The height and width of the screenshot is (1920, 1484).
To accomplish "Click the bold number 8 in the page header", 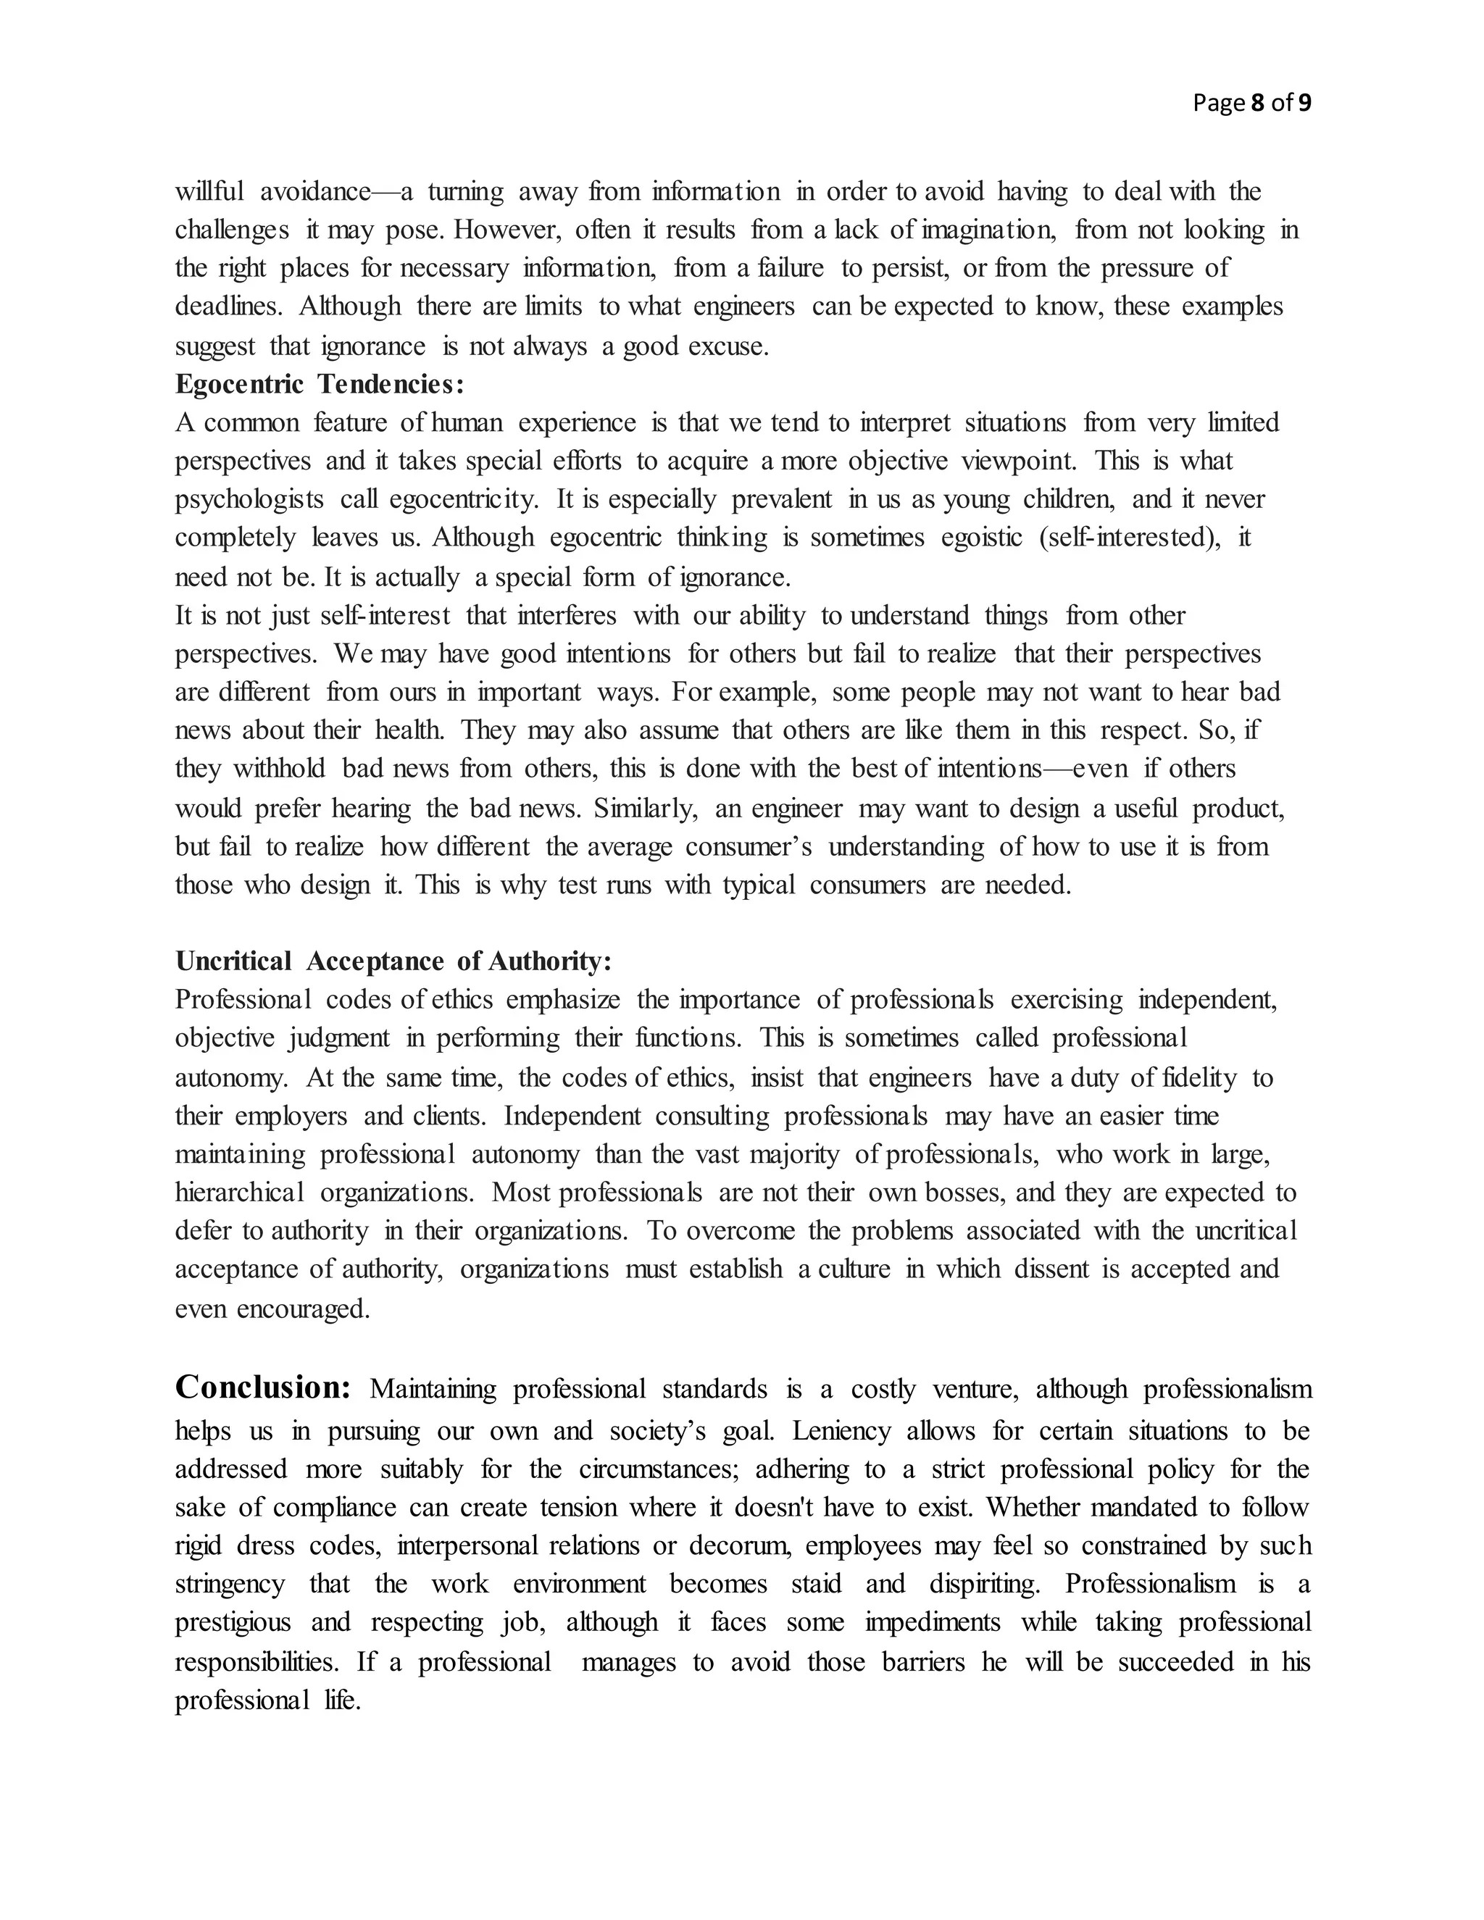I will tap(1256, 103).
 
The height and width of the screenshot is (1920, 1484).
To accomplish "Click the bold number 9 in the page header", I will tap(1304, 103).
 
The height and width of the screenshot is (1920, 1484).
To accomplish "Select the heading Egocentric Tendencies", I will tap(319, 384).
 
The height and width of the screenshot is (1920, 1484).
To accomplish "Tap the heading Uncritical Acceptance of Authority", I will tap(393, 961).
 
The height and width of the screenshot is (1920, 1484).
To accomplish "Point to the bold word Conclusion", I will tap(263, 1387).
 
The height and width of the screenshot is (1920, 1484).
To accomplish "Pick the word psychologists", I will tap(249, 499).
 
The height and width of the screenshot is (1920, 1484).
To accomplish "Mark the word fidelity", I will tap(1199, 1078).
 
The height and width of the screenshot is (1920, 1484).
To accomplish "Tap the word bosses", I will tap(965, 1193).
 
